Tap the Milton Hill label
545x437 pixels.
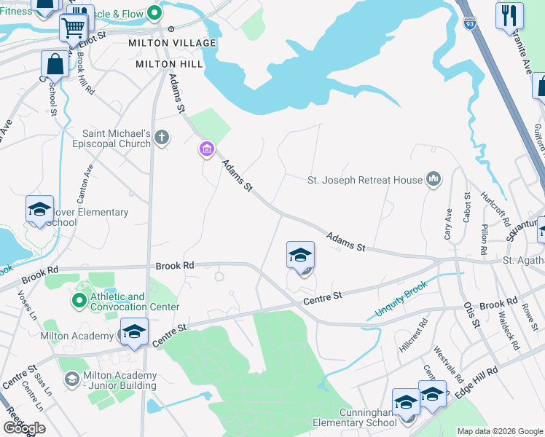169,64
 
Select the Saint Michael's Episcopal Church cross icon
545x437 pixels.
162,136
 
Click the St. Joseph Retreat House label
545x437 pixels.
365,180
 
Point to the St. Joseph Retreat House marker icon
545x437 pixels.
434,179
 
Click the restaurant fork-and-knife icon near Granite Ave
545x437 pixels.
509,15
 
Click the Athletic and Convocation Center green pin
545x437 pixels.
79,299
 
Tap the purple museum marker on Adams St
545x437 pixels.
207,150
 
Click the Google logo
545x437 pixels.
24,428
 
